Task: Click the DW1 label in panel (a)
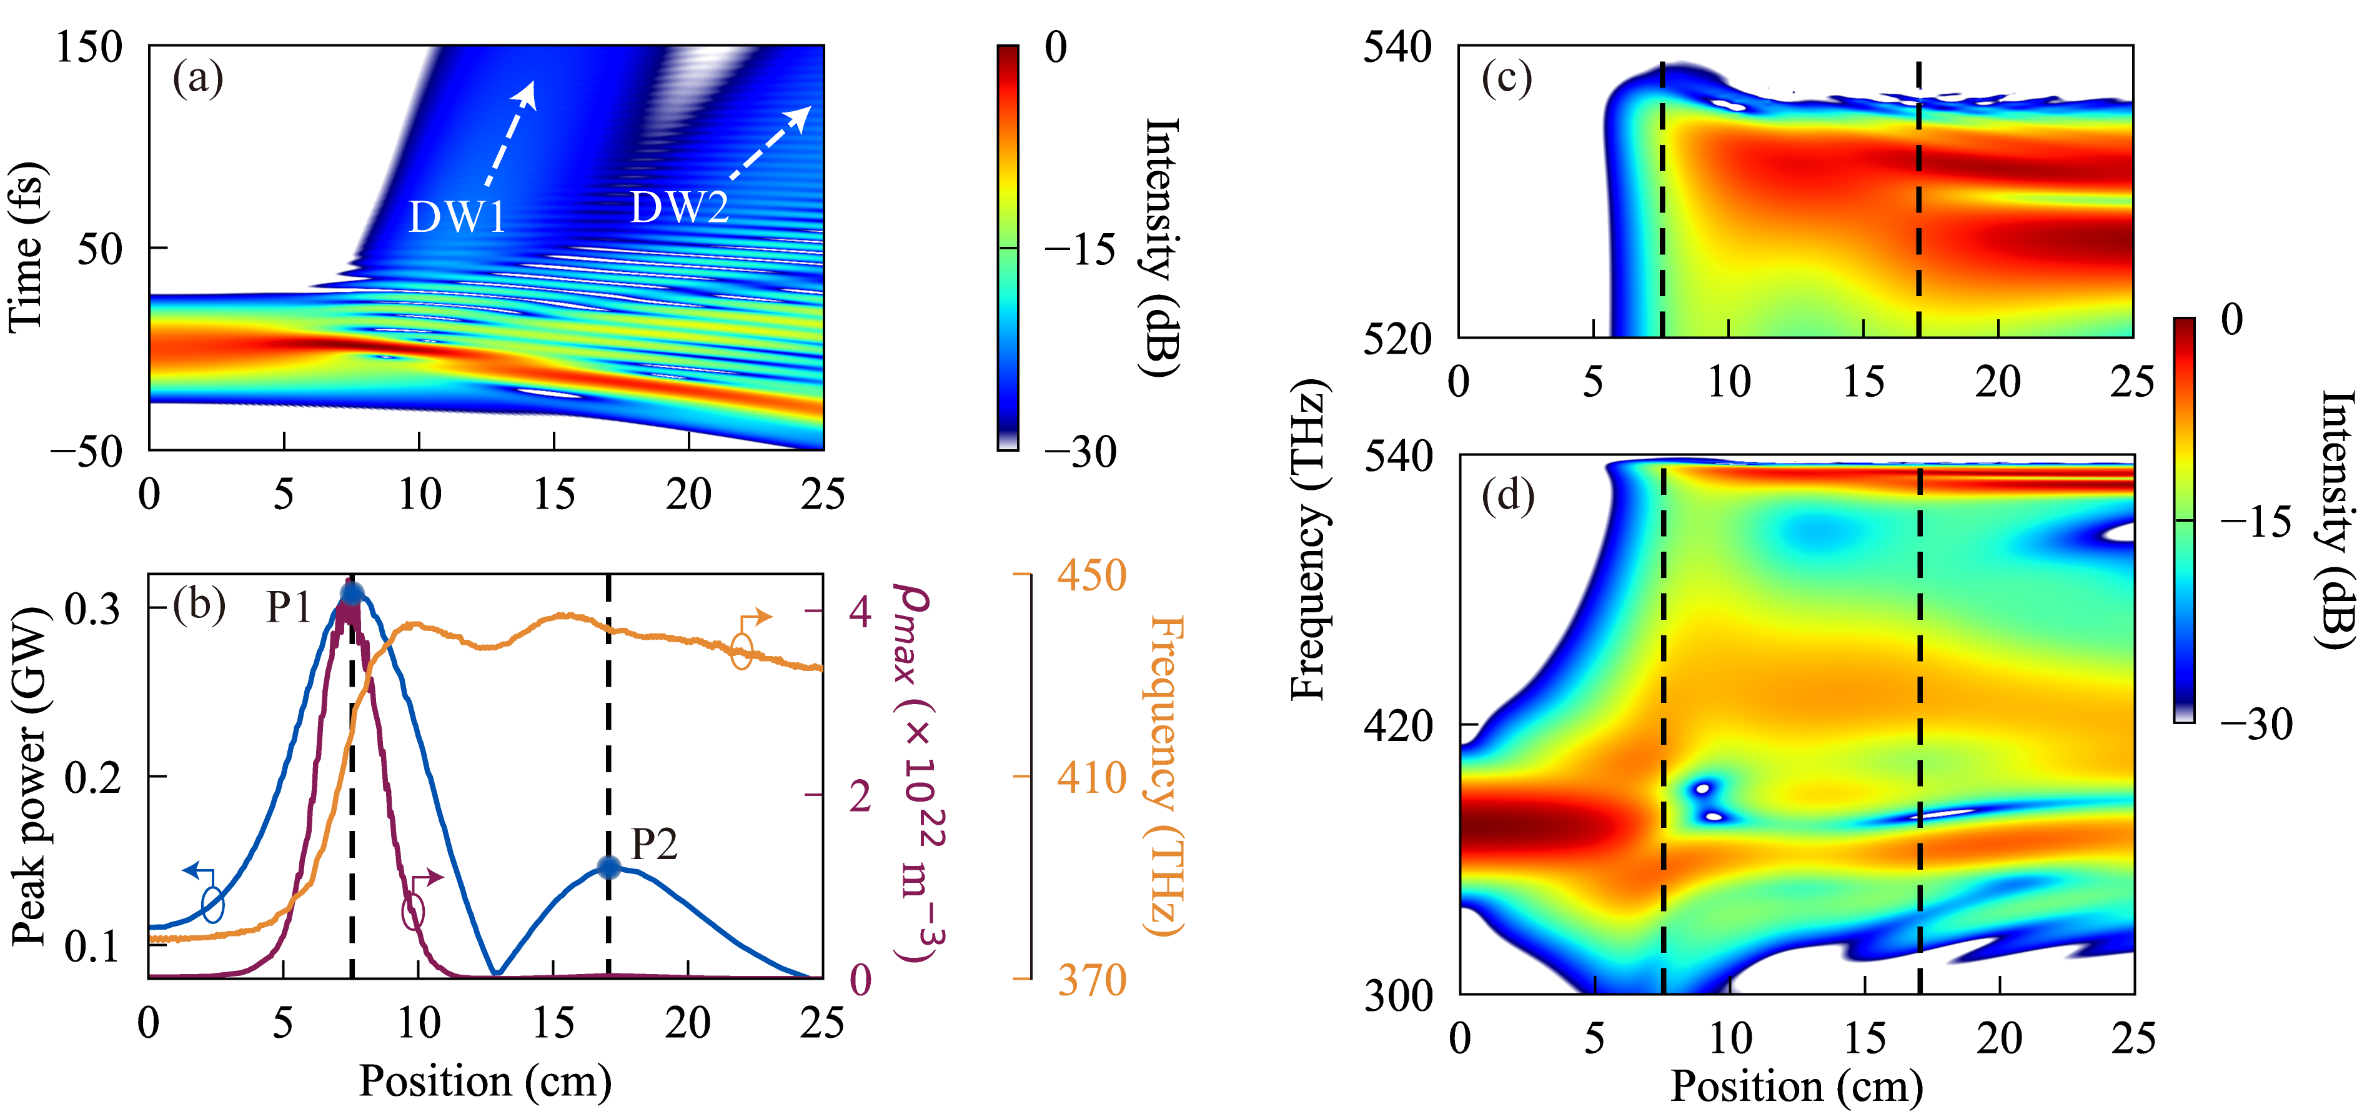pyautogui.click(x=457, y=217)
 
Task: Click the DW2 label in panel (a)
pyautogui.click(x=680, y=207)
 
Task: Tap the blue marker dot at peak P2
pyautogui.click(x=608, y=867)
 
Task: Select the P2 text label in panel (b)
pyautogui.click(x=654, y=843)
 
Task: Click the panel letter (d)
pyautogui.click(x=1507, y=496)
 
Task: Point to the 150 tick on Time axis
pyautogui.click(x=88, y=47)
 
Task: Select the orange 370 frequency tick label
pyautogui.click(x=1091, y=980)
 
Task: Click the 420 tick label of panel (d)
pyautogui.click(x=1398, y=726)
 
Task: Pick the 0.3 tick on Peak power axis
pyautogui.click(x=92, y=608)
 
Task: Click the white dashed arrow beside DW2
pyautogui.click(x=770, y=142)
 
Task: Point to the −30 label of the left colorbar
pyautogui.click(x=1081, y=451)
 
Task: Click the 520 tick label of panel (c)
pyautogui.click(x=1396, y=339)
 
